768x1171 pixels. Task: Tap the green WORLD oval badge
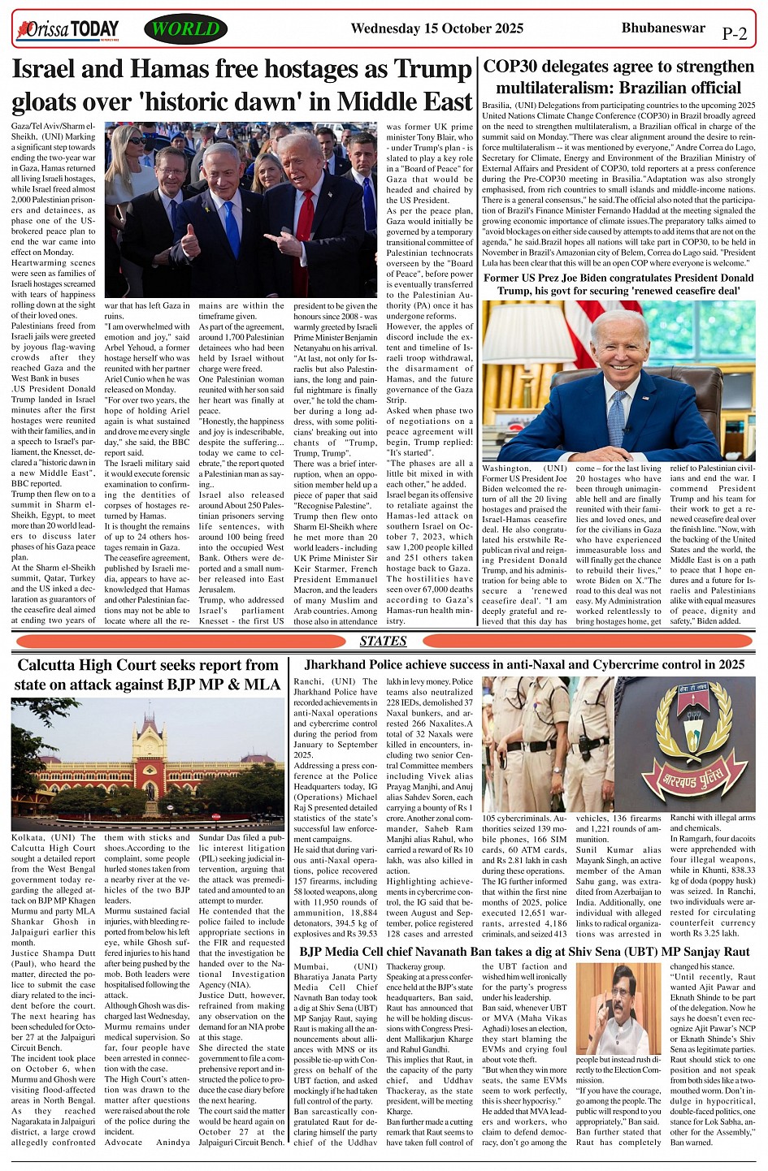click(x=186, y=30)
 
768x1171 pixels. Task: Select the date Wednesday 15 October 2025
click(x=436, y=29)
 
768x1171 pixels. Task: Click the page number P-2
click(x=734, y=34)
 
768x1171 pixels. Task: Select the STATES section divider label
click(x=383, y=641)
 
